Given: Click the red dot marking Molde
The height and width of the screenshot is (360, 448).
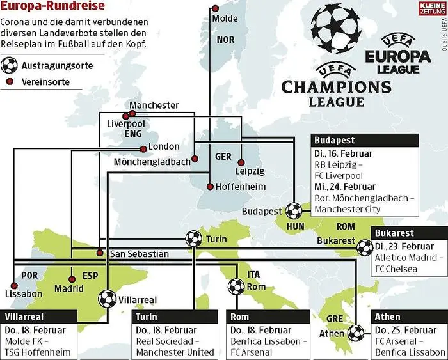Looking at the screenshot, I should point(215,9).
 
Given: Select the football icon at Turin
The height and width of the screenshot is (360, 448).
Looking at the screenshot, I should point(193,239).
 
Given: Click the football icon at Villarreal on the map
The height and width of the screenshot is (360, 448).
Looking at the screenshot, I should point(108,298).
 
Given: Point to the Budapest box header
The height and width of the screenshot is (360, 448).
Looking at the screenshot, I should point(365,140).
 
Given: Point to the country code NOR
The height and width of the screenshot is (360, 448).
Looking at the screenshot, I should point(226,40).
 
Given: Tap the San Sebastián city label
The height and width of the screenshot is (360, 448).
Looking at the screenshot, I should point(140,254).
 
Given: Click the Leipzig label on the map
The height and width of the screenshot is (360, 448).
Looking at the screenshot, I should point(250,171).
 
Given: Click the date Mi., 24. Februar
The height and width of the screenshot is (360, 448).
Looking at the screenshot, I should point(346,187).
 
